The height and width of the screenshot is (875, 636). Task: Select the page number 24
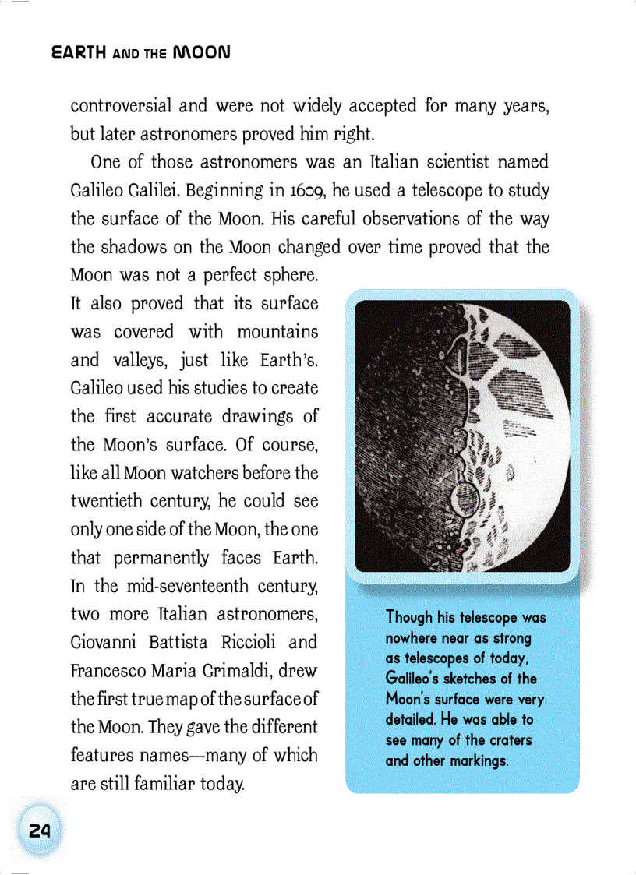click(39, 831)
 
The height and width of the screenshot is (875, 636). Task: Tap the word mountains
click(277, 332)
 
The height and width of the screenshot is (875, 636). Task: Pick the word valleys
click(138, 361)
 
